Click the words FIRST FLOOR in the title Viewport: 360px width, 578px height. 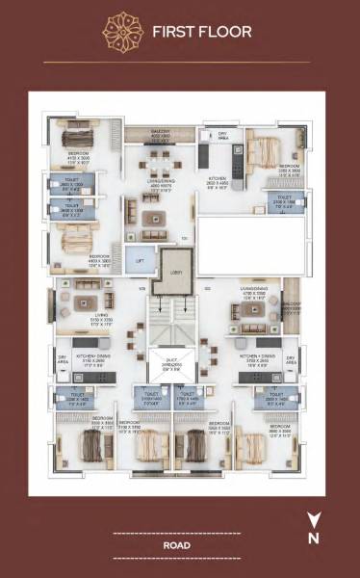(x=201, y=32)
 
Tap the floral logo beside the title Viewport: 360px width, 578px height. (x=123, y=31)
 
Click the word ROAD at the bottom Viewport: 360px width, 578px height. (x=175, y=544)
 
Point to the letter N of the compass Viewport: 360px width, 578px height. (x=313, y=539)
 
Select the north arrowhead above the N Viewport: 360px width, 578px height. (x=313, y=519)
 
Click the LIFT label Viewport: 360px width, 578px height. (x=141, y=261)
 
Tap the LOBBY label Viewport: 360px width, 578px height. (x=175, y=273)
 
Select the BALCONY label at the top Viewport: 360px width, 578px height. (x=160, y=133)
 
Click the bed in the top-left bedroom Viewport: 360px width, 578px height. (x=71, y=135)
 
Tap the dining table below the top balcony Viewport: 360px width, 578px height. (x=160, y=158)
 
